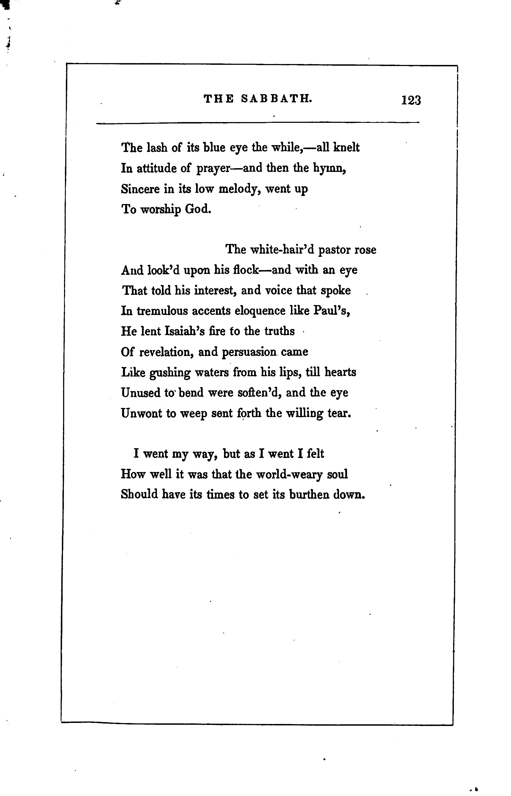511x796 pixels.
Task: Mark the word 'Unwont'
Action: pyautogui.click(x=141, y=413)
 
